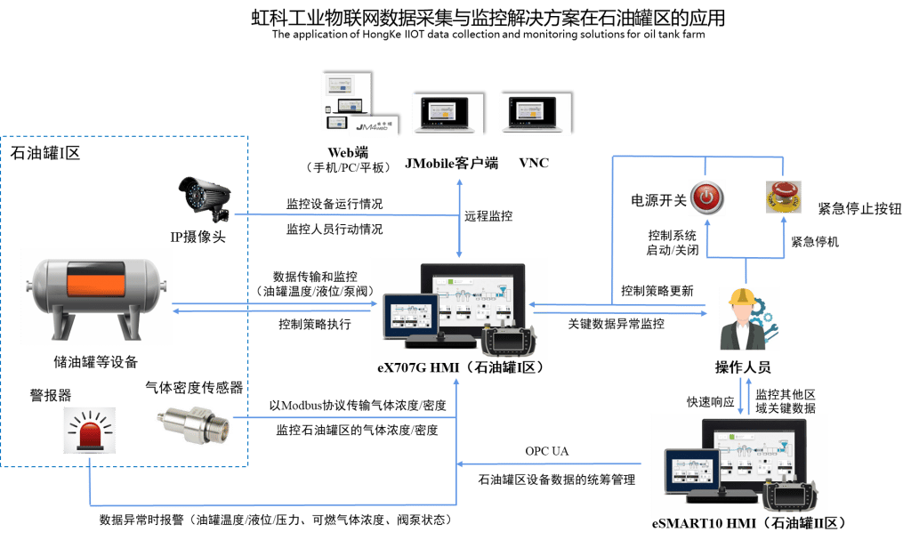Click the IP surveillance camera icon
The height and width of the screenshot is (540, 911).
(206, 198)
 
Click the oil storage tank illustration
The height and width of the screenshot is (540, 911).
(95, 294)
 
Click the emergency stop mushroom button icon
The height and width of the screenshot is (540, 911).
(782, 197)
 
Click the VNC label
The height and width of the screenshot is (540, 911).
(534, 163)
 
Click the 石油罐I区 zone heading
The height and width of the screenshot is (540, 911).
(45, 153)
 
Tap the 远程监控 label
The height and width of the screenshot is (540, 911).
(488, 216)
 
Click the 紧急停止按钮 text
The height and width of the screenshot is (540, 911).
(859, 209)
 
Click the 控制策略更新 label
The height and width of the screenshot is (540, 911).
(657, 291)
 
